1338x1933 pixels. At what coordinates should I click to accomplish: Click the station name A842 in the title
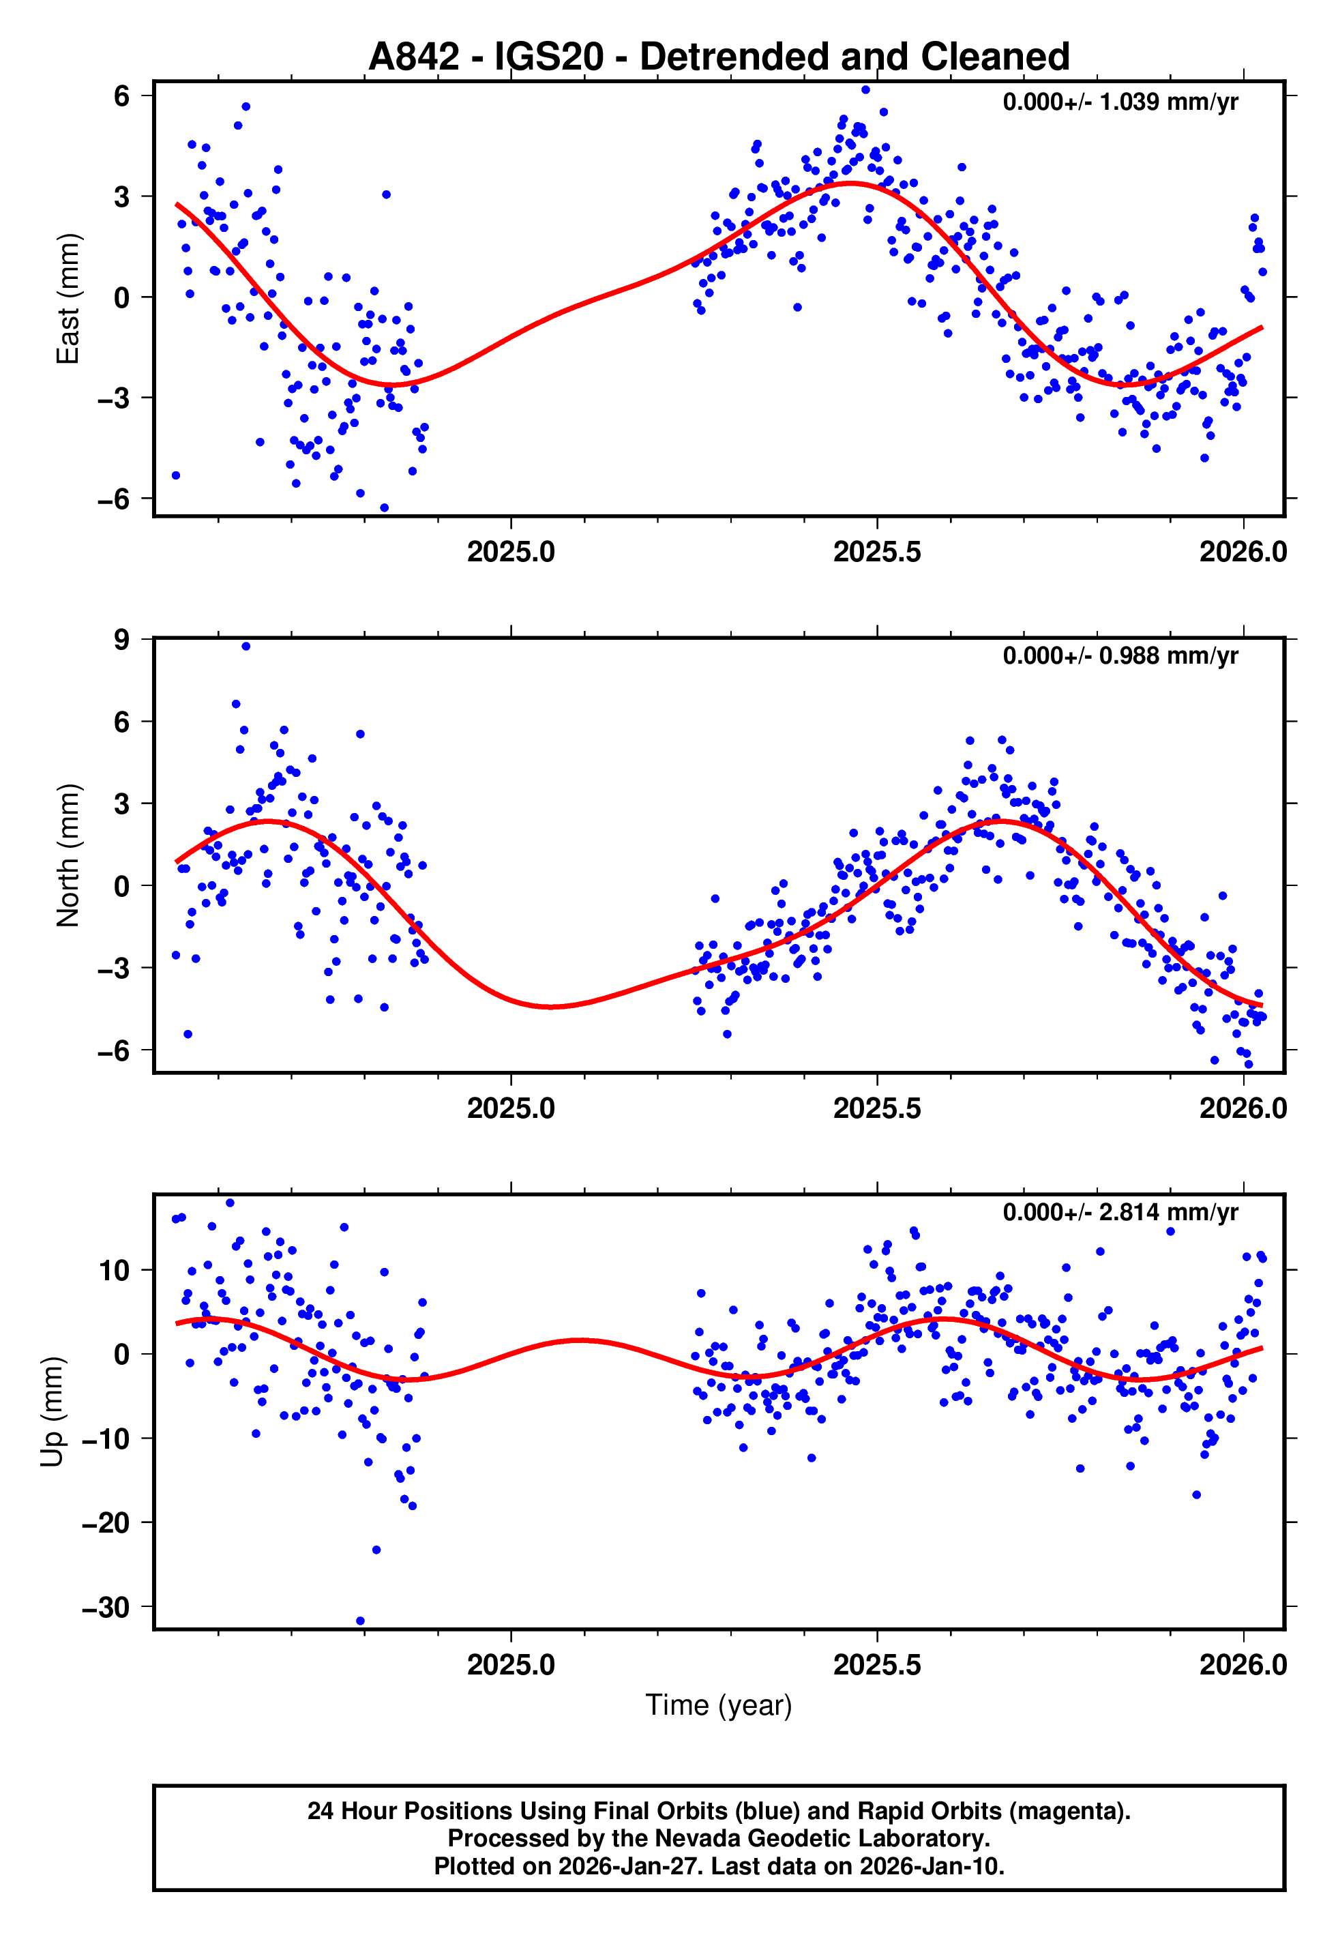click(414, 57)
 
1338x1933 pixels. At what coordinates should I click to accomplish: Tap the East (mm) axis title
click(67, 299)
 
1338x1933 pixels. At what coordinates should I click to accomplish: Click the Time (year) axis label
click(719, 1705)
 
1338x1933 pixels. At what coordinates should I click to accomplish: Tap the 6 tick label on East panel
click(122, 95)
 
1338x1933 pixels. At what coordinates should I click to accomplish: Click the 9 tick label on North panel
click(122, 640)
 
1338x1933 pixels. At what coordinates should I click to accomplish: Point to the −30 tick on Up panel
click(106, 1608)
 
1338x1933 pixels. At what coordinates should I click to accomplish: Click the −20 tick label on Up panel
click(106, 1522)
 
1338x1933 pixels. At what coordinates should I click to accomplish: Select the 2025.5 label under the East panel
click(877, 552)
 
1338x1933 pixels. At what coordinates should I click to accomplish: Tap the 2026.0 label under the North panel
click(1243, 1108)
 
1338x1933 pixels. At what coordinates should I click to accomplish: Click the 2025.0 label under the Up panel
click(511, 1665)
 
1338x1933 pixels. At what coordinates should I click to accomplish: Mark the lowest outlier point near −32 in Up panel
click(361, 1621)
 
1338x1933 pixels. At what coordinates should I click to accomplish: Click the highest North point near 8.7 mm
click(246, 647)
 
